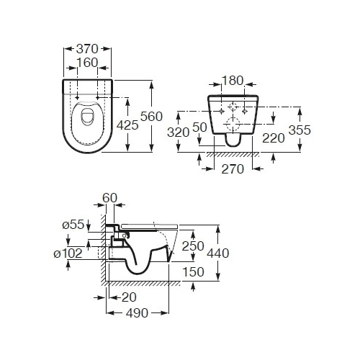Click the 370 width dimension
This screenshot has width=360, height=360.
(87, 49)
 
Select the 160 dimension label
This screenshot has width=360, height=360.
(87, 63)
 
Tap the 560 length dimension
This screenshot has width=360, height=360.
(151, 117)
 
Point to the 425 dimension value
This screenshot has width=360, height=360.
(127, 125)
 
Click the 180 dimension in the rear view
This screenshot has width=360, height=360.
(233, 81)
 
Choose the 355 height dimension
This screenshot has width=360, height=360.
(300, 130)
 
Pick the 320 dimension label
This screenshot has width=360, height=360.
(179, 132)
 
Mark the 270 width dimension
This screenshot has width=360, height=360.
(233, 169)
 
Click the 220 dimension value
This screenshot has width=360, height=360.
(274, 138)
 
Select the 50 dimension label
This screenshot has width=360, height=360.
(199, 127)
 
